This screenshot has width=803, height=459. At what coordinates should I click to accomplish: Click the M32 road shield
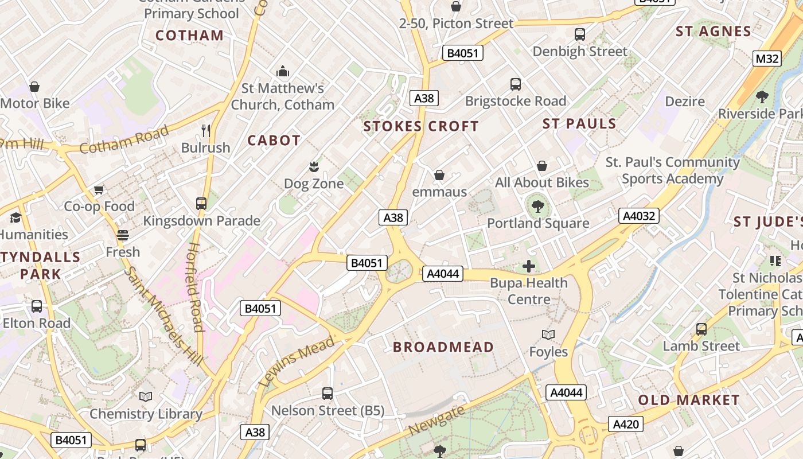767,59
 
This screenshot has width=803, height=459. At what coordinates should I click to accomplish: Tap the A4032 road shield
639,216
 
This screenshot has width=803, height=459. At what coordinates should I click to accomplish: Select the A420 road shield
625,424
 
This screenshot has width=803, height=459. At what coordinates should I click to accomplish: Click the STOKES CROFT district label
421,126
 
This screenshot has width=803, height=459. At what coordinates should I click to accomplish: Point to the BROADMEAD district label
443,347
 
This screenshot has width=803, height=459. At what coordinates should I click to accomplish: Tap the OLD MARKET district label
689,400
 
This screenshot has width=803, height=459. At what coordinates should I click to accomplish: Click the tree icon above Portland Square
537,207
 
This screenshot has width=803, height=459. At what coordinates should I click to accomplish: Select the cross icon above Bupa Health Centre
529,266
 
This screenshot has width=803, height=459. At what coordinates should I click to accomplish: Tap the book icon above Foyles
548,334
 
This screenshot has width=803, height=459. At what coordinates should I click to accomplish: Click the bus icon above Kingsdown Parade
201,204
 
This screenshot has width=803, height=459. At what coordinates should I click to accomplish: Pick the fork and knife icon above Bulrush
206,131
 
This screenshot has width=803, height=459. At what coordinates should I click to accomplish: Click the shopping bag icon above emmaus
439,175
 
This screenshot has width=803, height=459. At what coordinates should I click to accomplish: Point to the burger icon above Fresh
122,235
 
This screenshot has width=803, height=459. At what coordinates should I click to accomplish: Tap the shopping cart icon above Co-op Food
99,189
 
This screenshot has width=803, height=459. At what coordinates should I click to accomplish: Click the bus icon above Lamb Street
701,329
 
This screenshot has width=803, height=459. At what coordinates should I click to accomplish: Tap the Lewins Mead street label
297,361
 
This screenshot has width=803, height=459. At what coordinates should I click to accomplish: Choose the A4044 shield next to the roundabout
443,274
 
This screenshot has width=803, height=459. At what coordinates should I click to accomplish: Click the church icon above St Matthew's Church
282,72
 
